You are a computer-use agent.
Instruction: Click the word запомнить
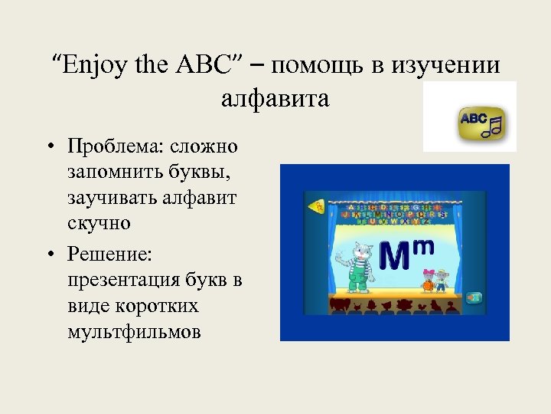(x=116, y=172)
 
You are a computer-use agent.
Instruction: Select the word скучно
(x=99, y=223)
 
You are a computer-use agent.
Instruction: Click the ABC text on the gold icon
(x=473, y=119)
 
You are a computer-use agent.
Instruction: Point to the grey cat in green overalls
(x=357, y=265)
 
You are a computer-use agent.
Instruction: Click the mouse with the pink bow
(x=430, y=281)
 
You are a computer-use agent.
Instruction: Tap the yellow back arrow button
(x=315, y=206)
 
